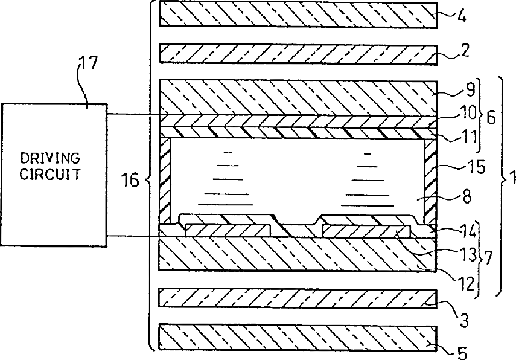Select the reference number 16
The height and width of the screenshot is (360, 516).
131,179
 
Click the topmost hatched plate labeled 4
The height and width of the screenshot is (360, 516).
298,14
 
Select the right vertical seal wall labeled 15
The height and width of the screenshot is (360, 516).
429,180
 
